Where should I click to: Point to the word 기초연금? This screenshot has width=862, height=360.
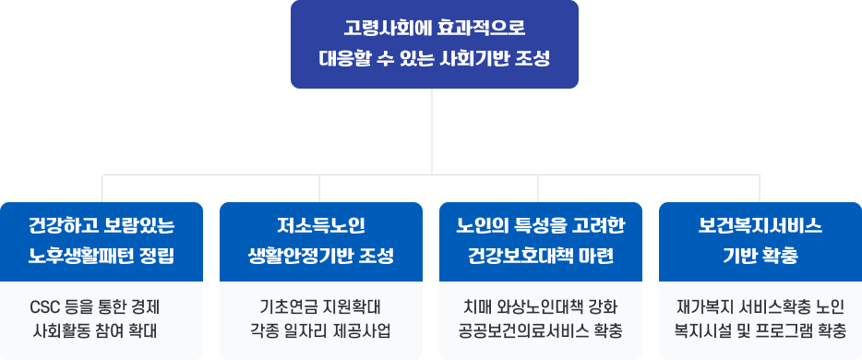click(x=278, y=306)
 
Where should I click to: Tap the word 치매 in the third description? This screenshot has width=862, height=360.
click(x=477, y=306)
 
